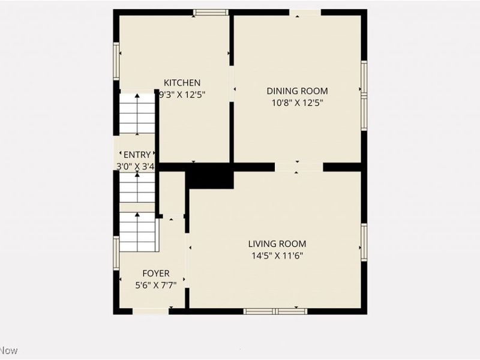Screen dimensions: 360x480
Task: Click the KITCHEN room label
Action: coord(182,83)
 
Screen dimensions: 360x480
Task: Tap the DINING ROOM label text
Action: coord(298,91)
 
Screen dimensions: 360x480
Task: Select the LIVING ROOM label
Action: coord(277,244)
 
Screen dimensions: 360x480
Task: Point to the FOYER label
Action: coord(155,274)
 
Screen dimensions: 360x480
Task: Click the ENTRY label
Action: coord(137,155)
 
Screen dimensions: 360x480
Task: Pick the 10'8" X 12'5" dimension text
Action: coord(298,103)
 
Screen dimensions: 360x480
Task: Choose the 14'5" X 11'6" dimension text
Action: coord(277,255)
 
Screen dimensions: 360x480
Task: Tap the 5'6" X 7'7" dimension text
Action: coord(155,285)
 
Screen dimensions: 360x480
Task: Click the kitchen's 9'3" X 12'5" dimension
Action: coord(182,94)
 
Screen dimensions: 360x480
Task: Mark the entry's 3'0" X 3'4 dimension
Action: coord(137,166)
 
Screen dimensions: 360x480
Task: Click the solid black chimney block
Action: coord(209,176)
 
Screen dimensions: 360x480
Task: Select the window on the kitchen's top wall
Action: coord(211,12)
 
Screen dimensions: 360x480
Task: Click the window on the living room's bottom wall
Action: coord(275,311)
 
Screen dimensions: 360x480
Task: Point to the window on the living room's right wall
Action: coord(364,242)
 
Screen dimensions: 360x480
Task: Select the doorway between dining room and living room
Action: coord(299,167)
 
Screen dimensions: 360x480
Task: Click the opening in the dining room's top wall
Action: coord(305,12)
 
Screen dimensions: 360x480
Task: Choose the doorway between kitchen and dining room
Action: coord(232,84)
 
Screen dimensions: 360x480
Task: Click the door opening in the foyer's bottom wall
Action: coord(150,311)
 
